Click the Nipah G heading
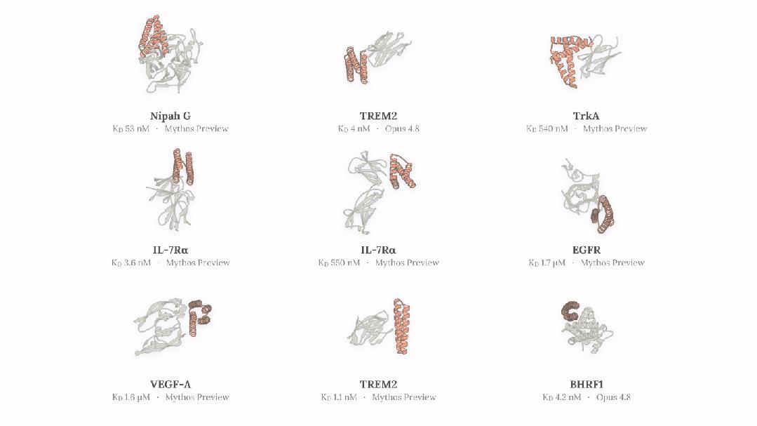(170, 116)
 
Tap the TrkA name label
(586, 116)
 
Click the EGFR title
(586, 250)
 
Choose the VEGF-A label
(170, 385)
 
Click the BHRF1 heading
(586, 385)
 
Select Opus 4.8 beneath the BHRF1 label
(613, 397)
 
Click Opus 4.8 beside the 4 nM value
(402, 129)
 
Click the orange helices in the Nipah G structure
(154, 36)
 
